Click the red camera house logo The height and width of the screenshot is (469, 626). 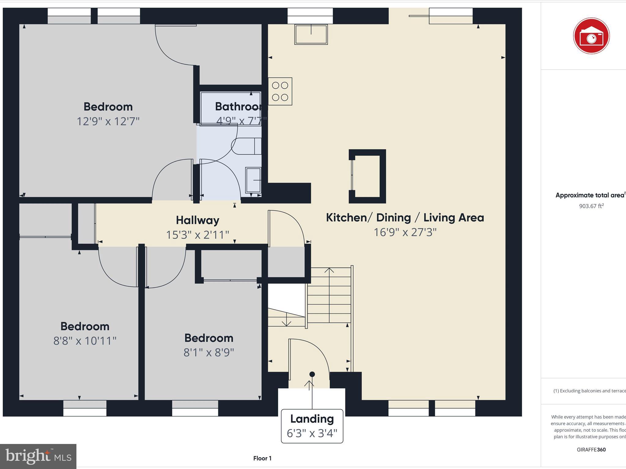(x=591, y=36)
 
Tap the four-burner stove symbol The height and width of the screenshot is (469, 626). (x=280, y=91)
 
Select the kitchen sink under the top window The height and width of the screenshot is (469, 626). (x=311, y=35)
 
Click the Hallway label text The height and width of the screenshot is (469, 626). (x=197, y=220)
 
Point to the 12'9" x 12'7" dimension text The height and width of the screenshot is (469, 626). (x=108, y=121)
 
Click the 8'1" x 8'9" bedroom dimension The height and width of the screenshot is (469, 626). (x=208, y=352)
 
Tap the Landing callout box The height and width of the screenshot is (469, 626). (x=312, y=426)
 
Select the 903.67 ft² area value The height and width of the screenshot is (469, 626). (x=591, y=206)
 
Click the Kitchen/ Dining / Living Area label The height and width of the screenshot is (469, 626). (x=405, y=218)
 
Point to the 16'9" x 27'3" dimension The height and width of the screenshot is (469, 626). (x=405, y=232)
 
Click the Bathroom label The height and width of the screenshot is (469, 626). (x=238, y=107)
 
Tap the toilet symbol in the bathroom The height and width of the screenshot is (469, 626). (x=246, y=146)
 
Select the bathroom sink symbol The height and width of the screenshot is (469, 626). (x=253, y=180)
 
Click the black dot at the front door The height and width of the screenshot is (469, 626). (x=312, y=374)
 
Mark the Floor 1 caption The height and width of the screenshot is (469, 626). (x=262, y=458)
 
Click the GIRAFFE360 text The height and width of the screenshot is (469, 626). (x=591, y=449)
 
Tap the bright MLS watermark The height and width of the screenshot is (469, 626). (x=38, y=456)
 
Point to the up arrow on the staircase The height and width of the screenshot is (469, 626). (x=329, y=271)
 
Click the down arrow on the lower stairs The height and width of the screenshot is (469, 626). (x=286, y=322)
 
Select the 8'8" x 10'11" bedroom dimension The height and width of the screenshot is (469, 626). (x=85, y=341)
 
